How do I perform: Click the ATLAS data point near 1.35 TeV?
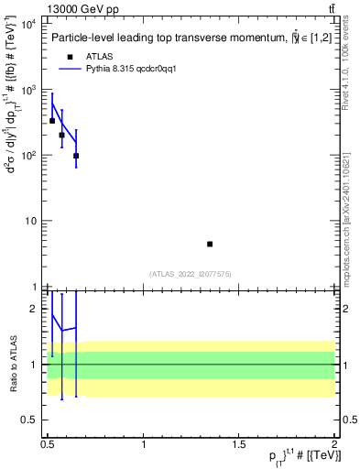(210, 244)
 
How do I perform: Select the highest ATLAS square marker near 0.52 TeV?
(52, 121)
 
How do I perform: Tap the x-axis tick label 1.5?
(239, 444)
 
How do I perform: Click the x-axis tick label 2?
(334, 444)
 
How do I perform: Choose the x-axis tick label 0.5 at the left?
(48, 444)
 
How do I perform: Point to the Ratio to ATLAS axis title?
(12, 365)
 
